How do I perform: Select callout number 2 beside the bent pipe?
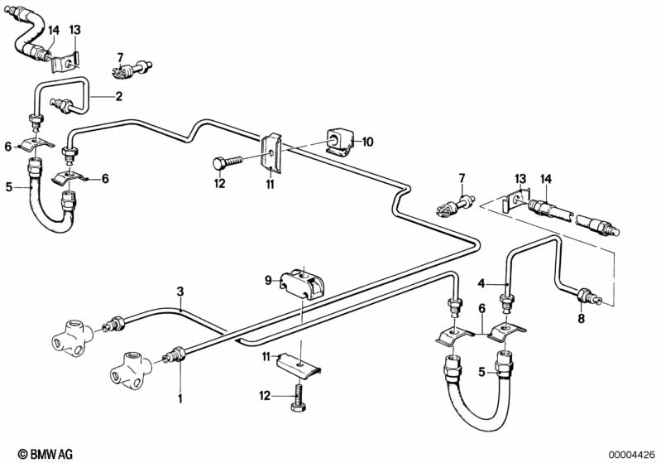pyautogui.click(x=118, y=96)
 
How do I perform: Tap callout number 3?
pyautogui.click(x=180, y=291)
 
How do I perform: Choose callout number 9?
pyautogui.click(x=268, y=281)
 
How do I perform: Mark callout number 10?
pyautogui.click(x=367, y=142)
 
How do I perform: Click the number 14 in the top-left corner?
pyautogui.click(x=53, y=31)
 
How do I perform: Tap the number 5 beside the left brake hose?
pyautogui.click(x=11, y=187)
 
